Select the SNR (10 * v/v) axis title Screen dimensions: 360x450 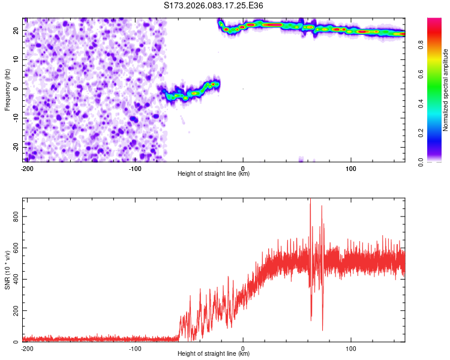(x=7, y=270)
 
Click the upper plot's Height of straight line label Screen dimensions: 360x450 (x=214, y=173)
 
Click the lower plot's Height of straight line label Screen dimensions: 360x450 (x=214, y=353)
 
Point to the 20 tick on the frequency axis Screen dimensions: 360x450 (x=16, y=30)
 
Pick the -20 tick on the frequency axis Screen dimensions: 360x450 (x=15, y=147)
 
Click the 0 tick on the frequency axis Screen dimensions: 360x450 (x=18, y=89)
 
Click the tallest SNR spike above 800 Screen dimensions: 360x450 (x=310, y=202)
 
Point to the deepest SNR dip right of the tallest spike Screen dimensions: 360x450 (x=323, y=329)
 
